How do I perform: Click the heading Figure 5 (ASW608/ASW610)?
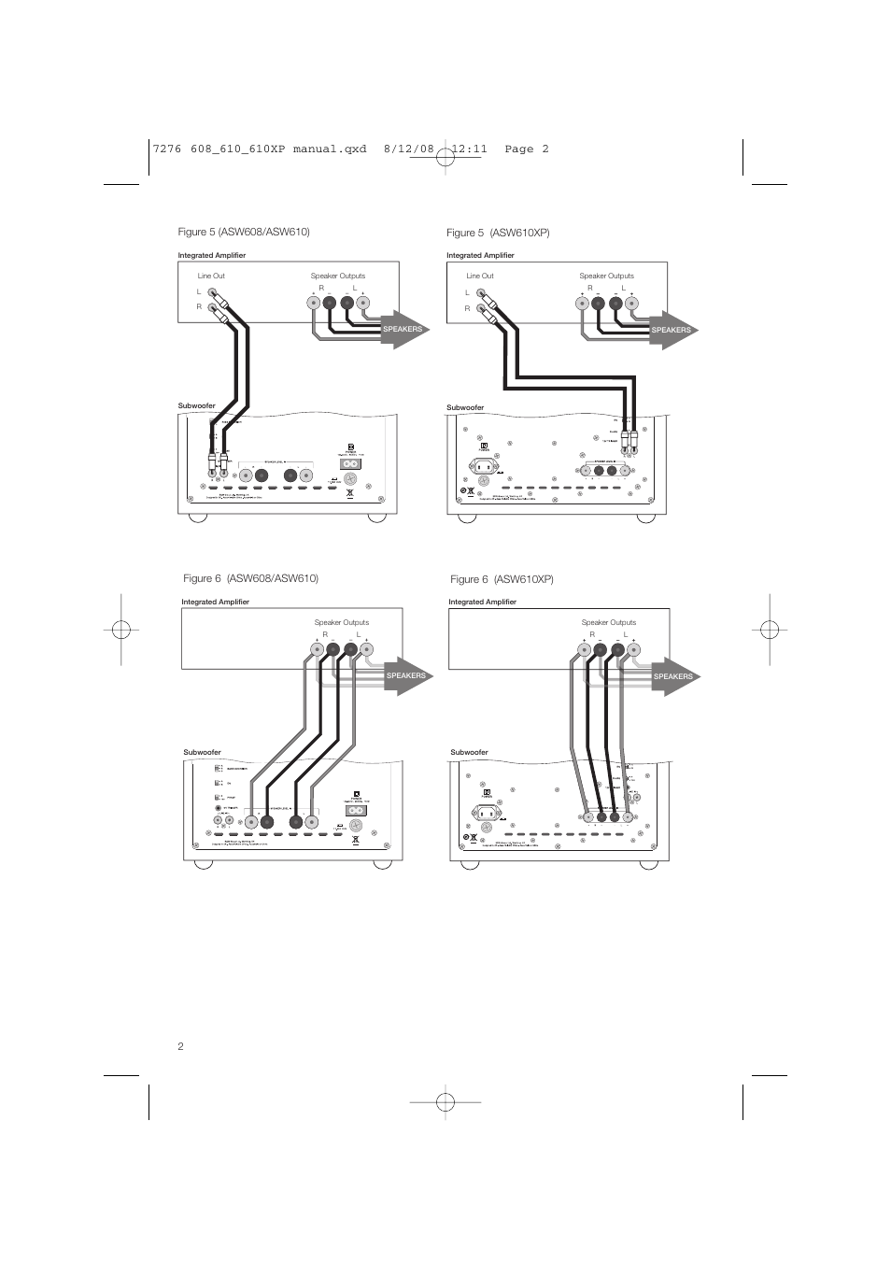pyautogui.click(x=243, y=232)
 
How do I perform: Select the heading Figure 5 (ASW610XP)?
pyautogui.click(x=498, y=233)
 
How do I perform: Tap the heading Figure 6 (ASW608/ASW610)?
pyautogui.click(x=250, y=578)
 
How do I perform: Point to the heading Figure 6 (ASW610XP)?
pyautogui.click(x=502, y=579)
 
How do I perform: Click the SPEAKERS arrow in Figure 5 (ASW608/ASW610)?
pyautogui.click(x=403, y=329)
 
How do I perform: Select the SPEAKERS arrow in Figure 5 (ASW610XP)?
pyautogui.click(x=672, y=330)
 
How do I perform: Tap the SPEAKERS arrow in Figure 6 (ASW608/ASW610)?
pyautogui.click(x=406, y=675)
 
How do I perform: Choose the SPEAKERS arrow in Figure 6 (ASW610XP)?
pyautogui.click(x=673, y=676)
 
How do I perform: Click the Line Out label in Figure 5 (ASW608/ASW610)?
pyautogui.click(x=211, y=276)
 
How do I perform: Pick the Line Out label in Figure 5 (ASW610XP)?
pyautogui.click(x=480, y=276)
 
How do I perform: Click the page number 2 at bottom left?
pyautogui.click(x=180, y=1046)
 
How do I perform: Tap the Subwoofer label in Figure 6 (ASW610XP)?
pyautogui.click(x=469, y=752)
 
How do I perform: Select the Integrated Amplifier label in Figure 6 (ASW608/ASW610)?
pyautogui.click(x=215, y=602)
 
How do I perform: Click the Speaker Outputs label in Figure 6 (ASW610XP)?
pyautogui.click(x=608, y=622)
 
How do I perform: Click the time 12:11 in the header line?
pyautogui.click(x=462, y=149)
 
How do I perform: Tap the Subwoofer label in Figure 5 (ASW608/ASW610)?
pyautogui.click(x=197, y=405)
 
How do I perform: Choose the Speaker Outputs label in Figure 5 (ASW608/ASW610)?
pyautogui.click(x=337, y=276)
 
